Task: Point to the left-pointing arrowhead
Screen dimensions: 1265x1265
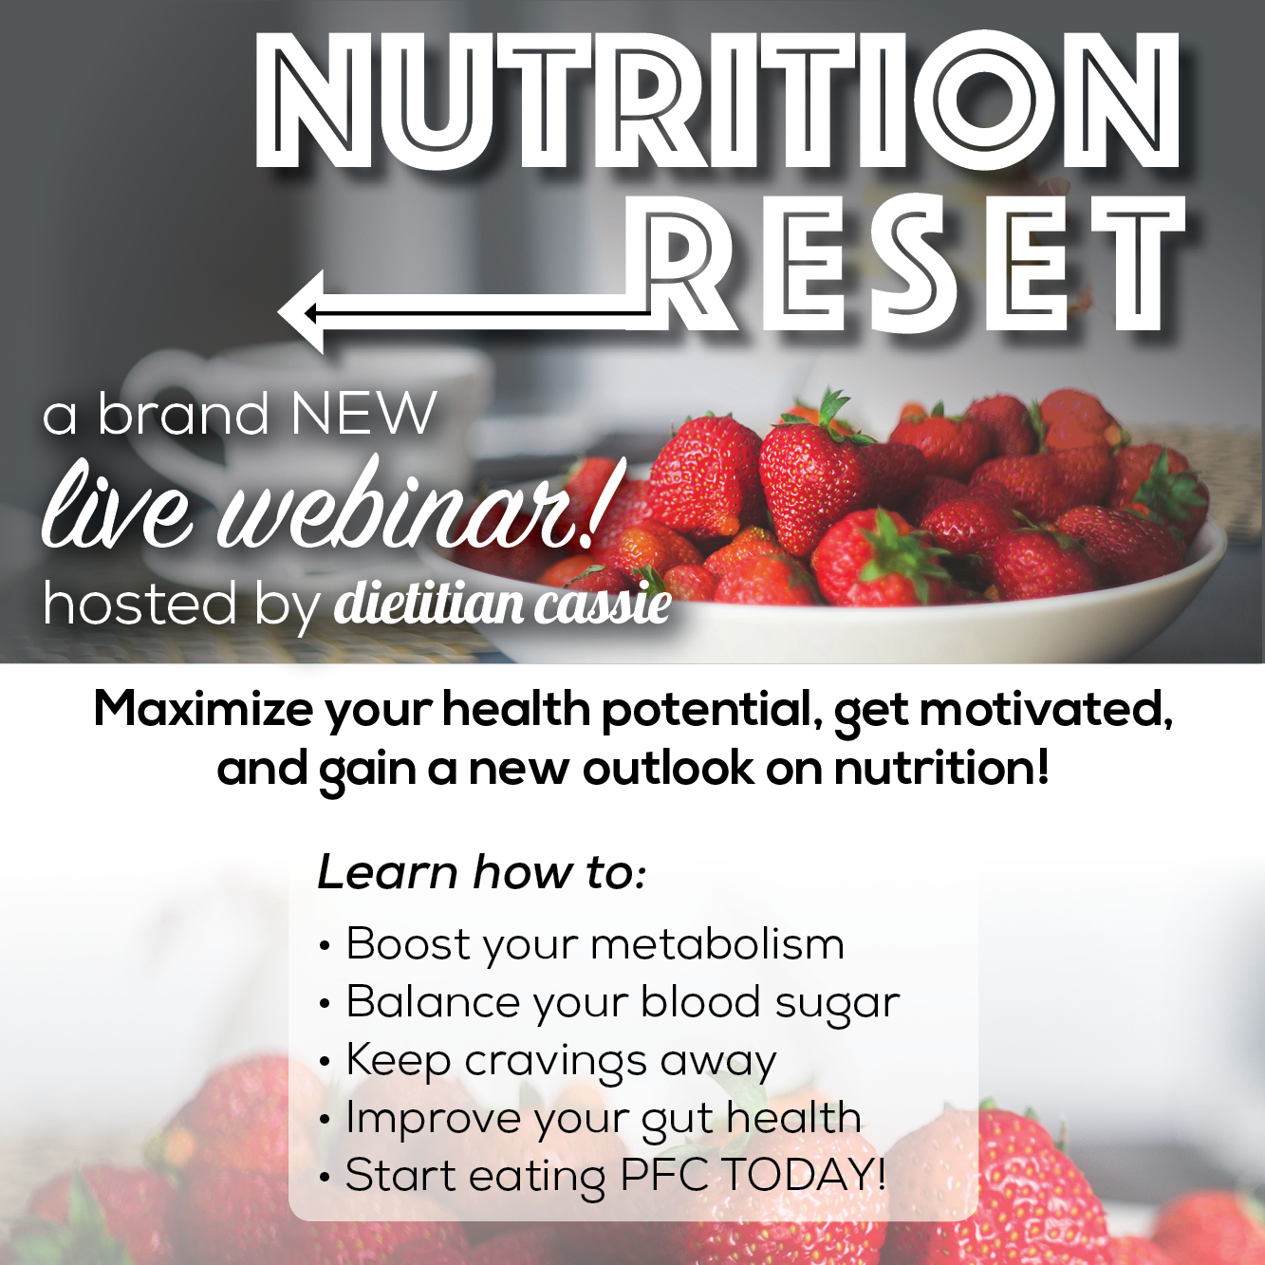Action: click(302, 313)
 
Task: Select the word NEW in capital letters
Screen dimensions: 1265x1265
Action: click(363, 414)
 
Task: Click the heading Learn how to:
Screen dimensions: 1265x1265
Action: click(482, 872)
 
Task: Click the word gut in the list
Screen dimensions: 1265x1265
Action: click(678, 1120)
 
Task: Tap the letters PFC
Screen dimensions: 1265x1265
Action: click(664, 1176)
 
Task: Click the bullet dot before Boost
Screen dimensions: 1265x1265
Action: click(323, 947)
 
